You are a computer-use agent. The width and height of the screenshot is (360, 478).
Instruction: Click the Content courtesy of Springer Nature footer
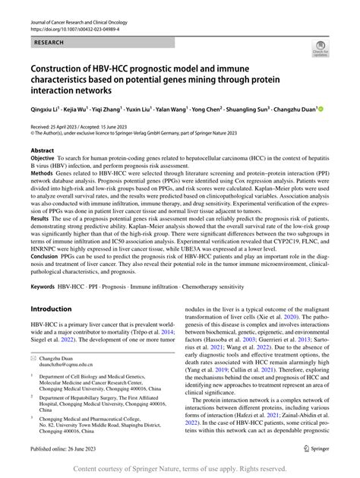click(x=180, y=470)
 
